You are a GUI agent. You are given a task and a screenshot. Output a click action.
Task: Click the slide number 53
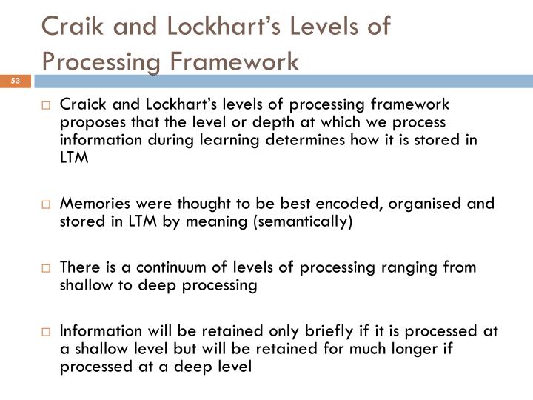[16, 80]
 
